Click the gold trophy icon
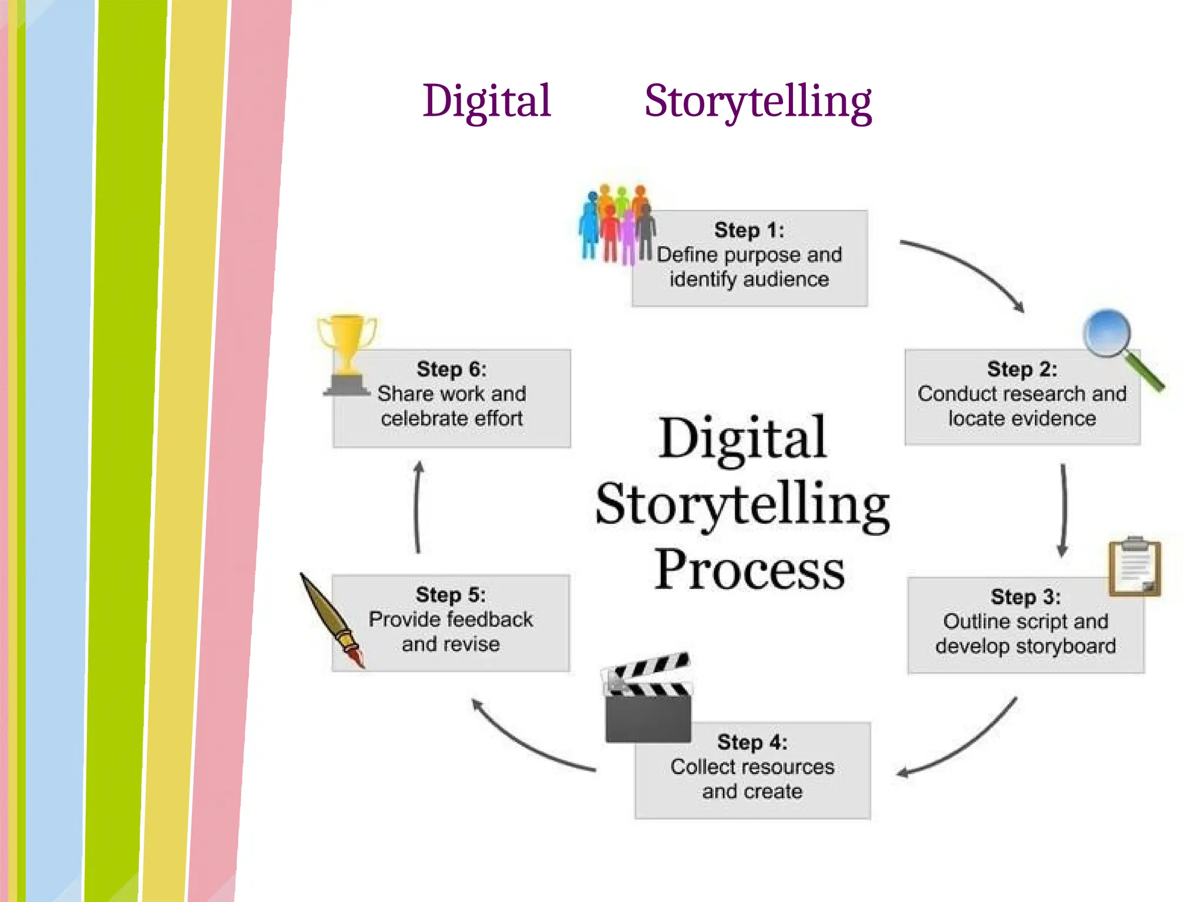[347, 353]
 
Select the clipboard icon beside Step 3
[1134, 566]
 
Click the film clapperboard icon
[648, 699]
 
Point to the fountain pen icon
[332, 620]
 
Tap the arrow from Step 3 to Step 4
[963, 743]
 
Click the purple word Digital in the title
[487, 101]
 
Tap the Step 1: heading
[749, 230]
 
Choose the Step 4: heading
[752, 742]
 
